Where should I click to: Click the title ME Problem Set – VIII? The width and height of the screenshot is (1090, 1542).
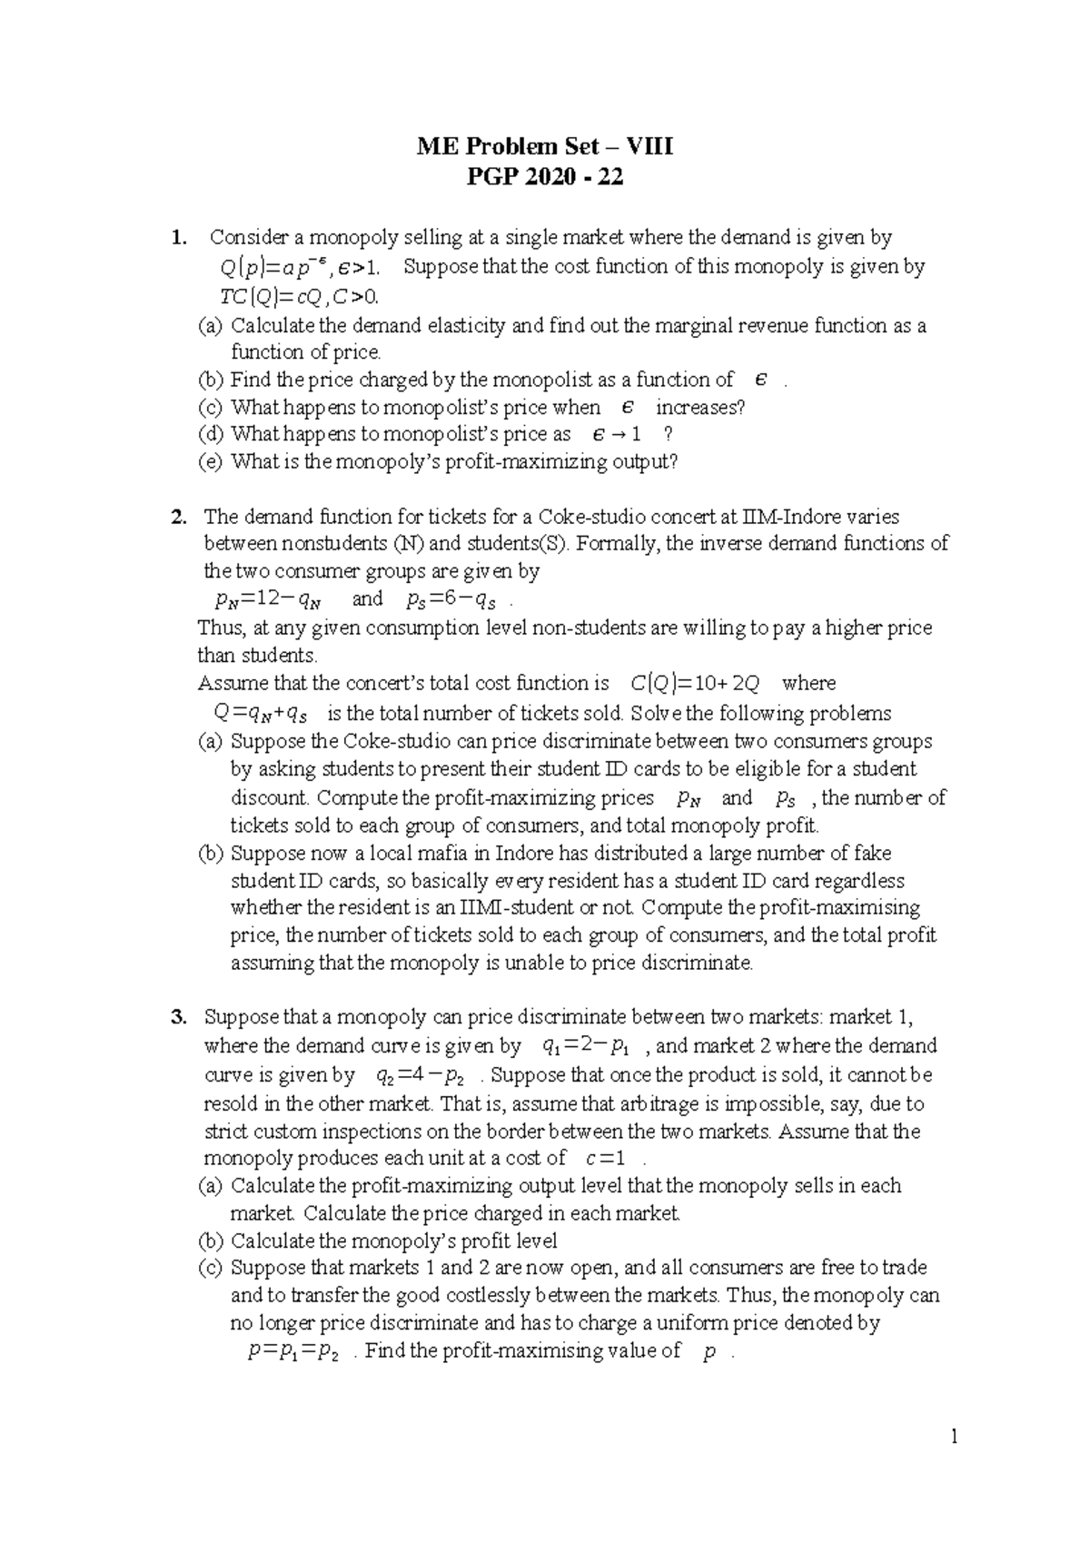(545, 146)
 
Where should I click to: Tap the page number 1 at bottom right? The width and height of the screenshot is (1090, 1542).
(955, 1436)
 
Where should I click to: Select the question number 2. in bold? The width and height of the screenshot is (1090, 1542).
(179, 518)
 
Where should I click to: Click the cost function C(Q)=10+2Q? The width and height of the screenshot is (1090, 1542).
(694, 683)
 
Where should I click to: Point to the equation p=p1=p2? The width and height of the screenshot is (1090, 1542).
(292, 1351)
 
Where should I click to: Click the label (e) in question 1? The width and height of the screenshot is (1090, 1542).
(210, 461)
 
